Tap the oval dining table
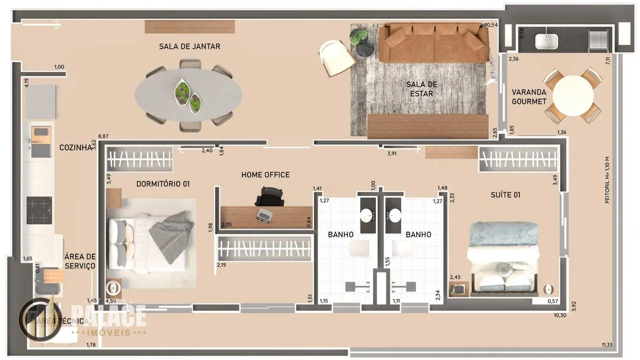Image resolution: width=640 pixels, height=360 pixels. tap(188, 94)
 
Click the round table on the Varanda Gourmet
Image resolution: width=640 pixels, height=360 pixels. tap(573, 95)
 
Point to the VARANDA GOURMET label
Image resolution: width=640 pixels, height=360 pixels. tap(529, 97)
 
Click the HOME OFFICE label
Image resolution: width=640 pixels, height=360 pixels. tap(265, 175)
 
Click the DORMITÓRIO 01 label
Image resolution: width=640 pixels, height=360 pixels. tap(163, 183)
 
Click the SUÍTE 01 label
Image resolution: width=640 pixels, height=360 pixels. tap(505, 195)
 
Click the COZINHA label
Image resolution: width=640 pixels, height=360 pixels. tap(75, 148)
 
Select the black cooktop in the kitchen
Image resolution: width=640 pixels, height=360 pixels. tap(39, 210)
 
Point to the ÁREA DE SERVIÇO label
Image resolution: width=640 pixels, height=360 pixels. tap(80, 261)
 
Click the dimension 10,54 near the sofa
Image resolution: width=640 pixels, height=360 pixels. tap(491, 25)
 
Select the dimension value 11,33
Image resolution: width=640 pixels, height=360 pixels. tap(607, 346)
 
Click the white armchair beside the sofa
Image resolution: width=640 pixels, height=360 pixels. tap(336, 57)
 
